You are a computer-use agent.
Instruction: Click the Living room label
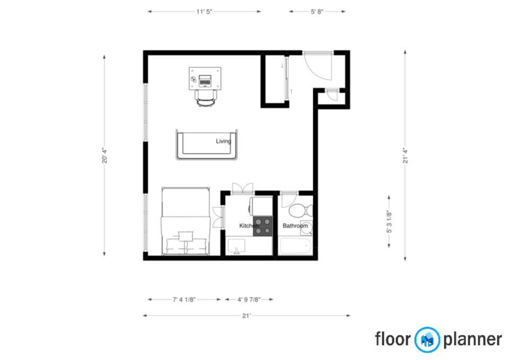pos(223,141)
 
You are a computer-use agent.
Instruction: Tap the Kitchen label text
pos(249,226)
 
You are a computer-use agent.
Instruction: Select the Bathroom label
pos(295,226)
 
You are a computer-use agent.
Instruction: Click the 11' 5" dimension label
pos(204,12)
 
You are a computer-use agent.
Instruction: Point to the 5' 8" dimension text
pos(317,12)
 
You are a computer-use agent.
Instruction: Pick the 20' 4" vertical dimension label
pos(105,155)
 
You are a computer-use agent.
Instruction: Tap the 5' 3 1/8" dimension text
pos(389,222)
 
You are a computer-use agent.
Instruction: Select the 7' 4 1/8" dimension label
pos(184,300)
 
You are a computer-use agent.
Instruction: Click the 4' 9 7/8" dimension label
pos(249,300)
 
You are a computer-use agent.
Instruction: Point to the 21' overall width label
pos(247,316)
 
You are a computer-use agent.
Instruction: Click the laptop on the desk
pos(205,81)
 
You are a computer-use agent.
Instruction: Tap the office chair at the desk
pos(206,98)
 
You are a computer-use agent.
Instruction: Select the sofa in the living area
pos(206,144)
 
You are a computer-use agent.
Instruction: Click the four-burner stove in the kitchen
pos(262,226)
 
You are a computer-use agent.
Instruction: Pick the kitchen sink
pos(236,246)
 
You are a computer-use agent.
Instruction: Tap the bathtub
pos(295,247)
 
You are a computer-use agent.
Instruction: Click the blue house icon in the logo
pos(427,339)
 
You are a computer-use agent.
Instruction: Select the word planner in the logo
pos(472,340)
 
